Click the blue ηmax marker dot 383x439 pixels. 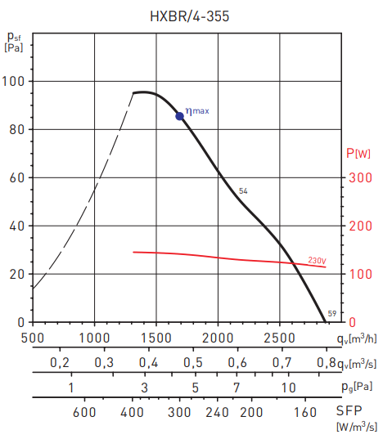180,116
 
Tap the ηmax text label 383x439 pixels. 197,110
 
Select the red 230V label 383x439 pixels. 318,260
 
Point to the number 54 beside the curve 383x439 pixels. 243,190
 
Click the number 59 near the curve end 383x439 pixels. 331,314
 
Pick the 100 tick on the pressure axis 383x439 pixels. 15,82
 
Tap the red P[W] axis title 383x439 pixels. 358,153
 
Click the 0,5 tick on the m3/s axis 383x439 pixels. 192,362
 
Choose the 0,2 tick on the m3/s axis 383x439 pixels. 59,362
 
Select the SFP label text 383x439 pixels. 353,412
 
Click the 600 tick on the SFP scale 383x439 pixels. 84,412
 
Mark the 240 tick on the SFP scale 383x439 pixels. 219,412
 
